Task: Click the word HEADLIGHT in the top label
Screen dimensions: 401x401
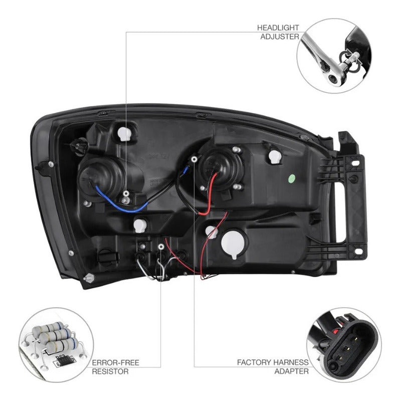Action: [x=278, y=28]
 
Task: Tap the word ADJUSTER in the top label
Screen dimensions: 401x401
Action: [x=280, y=37]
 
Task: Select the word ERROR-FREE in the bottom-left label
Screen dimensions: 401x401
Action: [x=116, y=362]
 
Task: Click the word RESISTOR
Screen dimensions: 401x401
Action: [x=110, y=371]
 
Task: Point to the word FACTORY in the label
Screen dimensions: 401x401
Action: [x=254, y=362]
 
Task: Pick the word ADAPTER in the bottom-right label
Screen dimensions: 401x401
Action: [x=292, y=371]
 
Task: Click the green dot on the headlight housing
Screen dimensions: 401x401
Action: [x=292, y=178]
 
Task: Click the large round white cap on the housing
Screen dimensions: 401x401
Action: [x=234, y=244]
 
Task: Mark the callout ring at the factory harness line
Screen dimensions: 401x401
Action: [x=194, y=159]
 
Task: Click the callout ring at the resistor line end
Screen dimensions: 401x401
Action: [x=161, y=247]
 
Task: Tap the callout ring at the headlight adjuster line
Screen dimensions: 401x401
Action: [x=126, y=193]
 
